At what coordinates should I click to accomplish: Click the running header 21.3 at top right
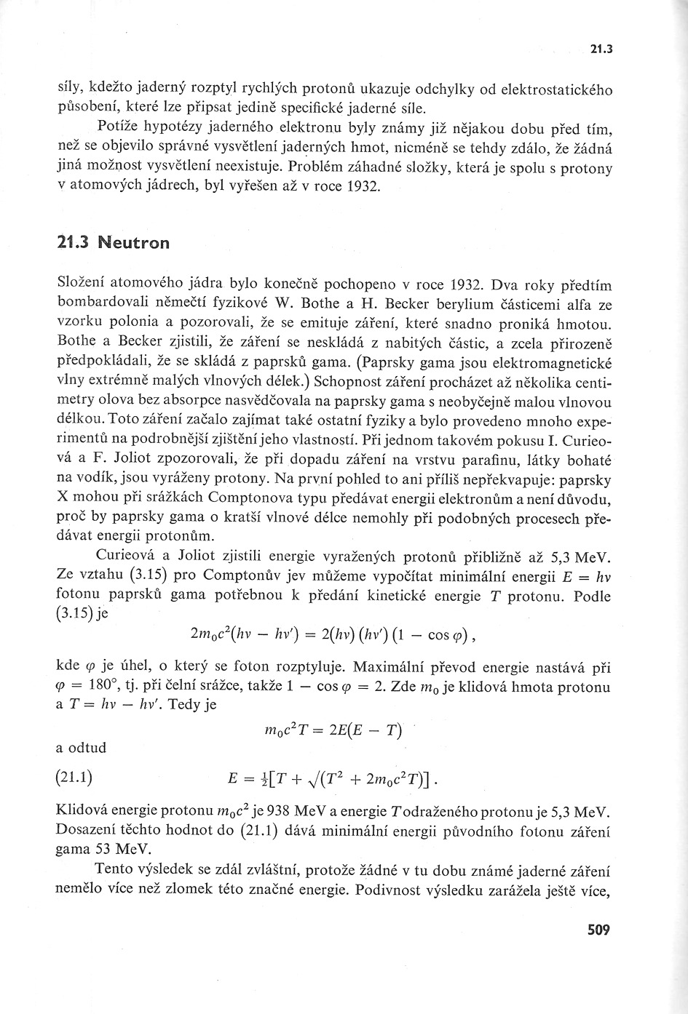tap(601, 50)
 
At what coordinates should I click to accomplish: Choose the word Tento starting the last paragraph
tap(117, 871)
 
